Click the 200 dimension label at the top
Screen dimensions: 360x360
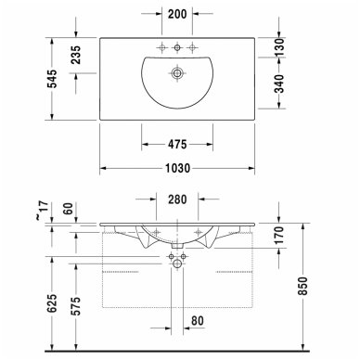pyautogui.click(x=177, y=14)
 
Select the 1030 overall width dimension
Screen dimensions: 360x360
pyautogui.click(x=177, y=168)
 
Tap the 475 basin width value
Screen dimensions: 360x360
pyautogui.click(x=177, y=144)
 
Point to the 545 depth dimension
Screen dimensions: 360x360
pyautogui.click(x=52, y=79)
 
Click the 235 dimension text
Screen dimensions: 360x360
pyautogui.click(x=76, y=55)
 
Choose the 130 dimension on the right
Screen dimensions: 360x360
pyautogui.click(x=279, y=47)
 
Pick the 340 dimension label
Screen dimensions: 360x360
pyautogui.click(x=279, y=84)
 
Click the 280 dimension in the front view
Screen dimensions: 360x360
pyautogui.click(x=177, y=199)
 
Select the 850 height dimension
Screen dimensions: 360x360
pyautogui.click(x=303, y=286)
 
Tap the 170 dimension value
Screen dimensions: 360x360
pyautogui.click(x=279, y=236)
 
